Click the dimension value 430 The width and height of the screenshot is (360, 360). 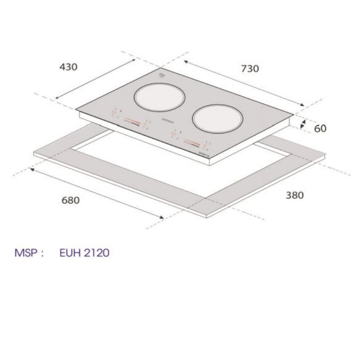tap(68, 67)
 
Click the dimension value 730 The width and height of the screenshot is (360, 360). tap(250, 69)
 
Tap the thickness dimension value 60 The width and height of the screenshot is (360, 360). tap(320, 129)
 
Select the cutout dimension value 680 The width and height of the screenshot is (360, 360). tap(70, 200)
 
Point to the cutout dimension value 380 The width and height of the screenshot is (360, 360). tap(294, 195)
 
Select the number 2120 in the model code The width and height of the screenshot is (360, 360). tap(95, 253)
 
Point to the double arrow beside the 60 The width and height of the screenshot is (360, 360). tap(303, 124)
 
